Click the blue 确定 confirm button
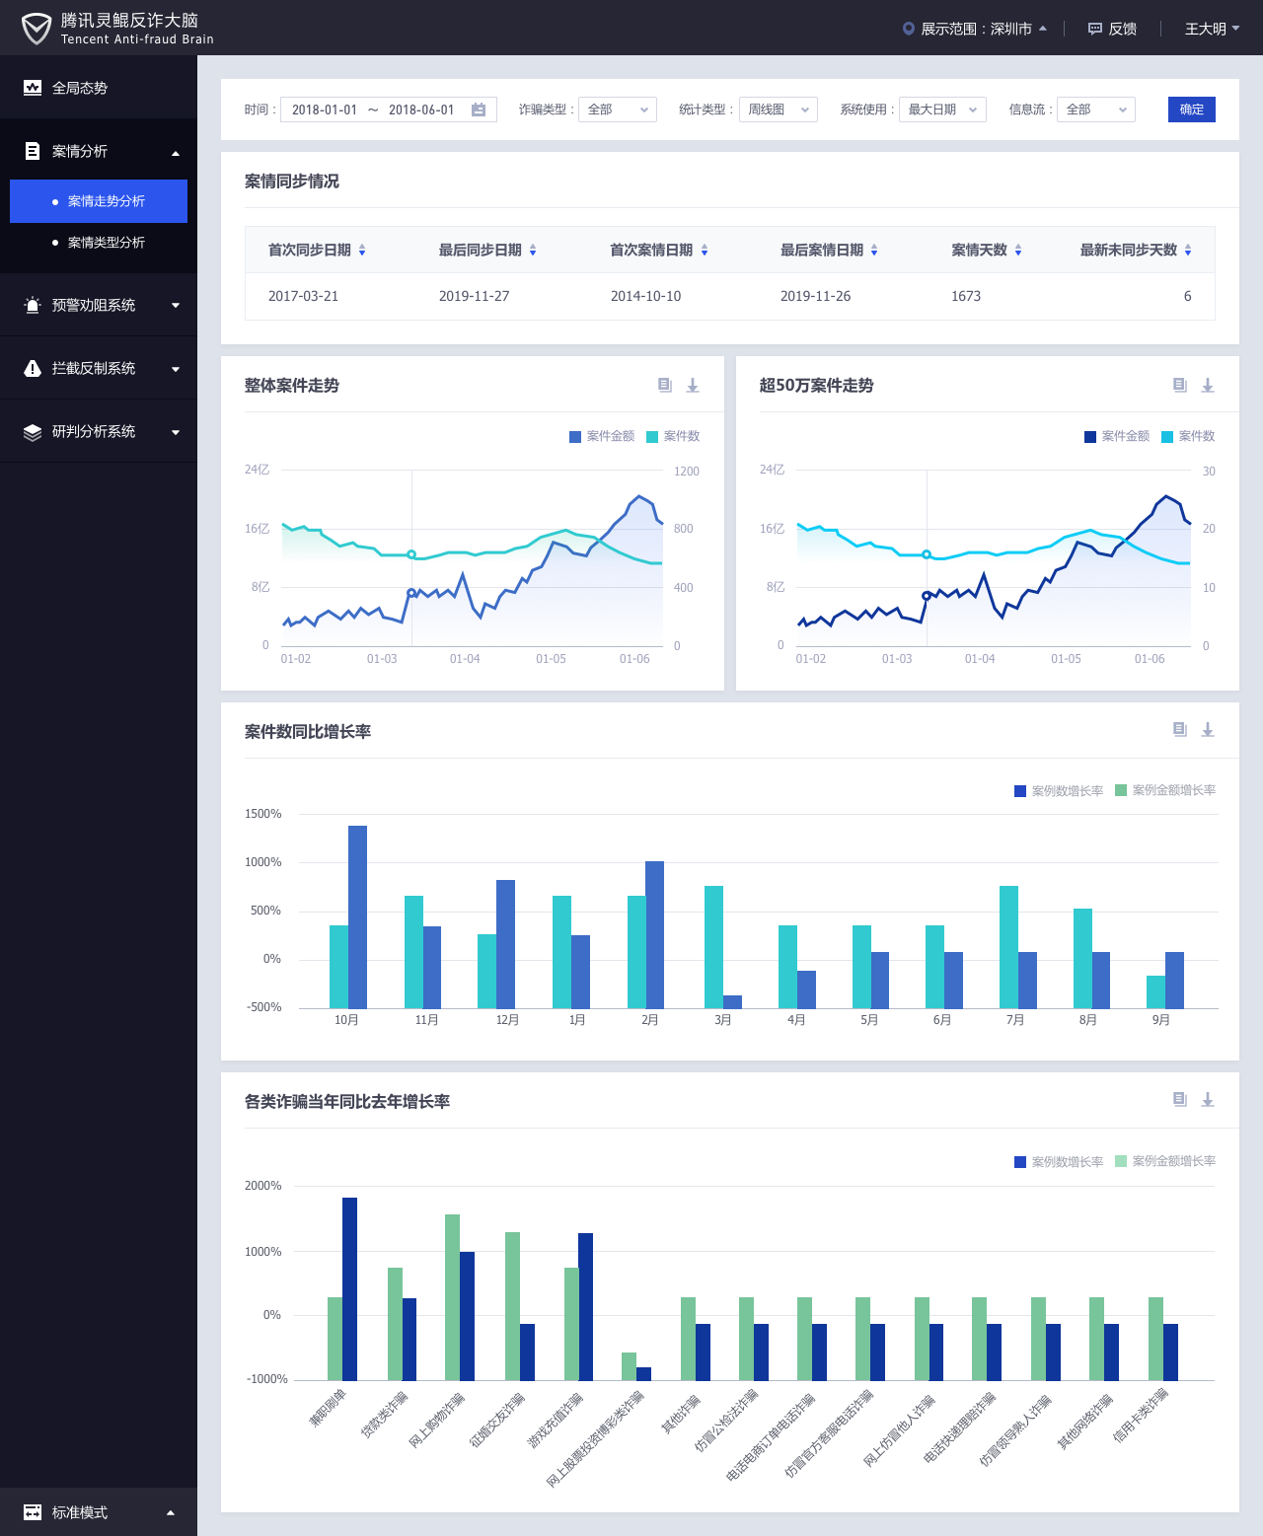tap(1191, 110)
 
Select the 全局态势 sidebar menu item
tap(79, 88)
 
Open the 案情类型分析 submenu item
tap(106, 243)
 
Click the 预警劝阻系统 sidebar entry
tap(94, 306)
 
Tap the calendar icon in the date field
tap(479, 110)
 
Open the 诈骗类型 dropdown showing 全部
tap(617, 110)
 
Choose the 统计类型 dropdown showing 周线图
tap(778, 110)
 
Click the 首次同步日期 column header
tap(310, 251)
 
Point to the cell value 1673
tap(966, 296)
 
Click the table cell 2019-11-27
tap(475, 296)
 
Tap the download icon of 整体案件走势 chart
tap(693, 386)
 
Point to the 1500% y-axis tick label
tap(263, 814)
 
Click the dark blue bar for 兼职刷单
tap(349, 1287)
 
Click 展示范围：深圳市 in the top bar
tap(974, 29)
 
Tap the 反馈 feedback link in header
tap(1112, 29)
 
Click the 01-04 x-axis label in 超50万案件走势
tap(980, 659)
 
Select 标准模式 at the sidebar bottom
tap(79, 1512)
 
